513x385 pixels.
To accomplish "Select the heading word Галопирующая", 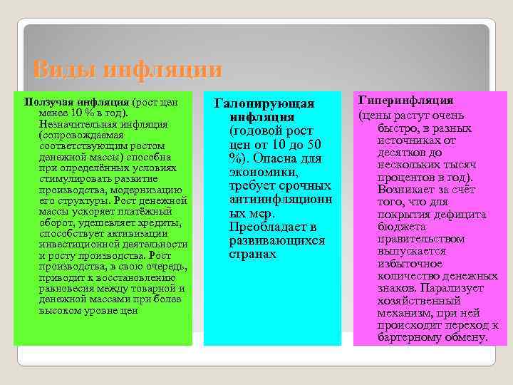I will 264,104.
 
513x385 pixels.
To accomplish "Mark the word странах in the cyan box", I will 253,254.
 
